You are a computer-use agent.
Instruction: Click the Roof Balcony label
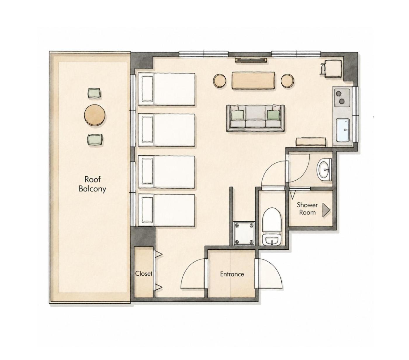[92, 184]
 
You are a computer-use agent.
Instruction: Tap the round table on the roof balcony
[94, 115]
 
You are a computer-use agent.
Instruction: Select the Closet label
[143, 274]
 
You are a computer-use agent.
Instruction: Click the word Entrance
[232, 274]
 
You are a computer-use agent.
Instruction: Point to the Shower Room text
[307, 209]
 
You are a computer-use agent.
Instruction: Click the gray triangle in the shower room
[326, 210]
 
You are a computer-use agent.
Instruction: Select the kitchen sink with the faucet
[343, 130]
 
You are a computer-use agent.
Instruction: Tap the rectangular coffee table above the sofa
[253, 81]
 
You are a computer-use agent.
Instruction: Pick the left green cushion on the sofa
[238, 115]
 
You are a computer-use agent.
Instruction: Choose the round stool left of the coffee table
[219, 81]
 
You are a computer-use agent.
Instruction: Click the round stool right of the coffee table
[287, 81]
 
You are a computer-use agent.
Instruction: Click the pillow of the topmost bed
[148, 89]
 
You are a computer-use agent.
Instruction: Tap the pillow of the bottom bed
[148, 210]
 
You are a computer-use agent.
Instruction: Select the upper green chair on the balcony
[94, 93]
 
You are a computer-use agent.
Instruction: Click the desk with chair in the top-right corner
[332, 69]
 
